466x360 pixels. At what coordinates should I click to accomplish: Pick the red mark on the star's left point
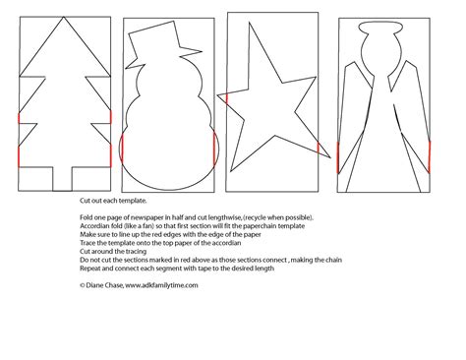coord(227,97)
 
